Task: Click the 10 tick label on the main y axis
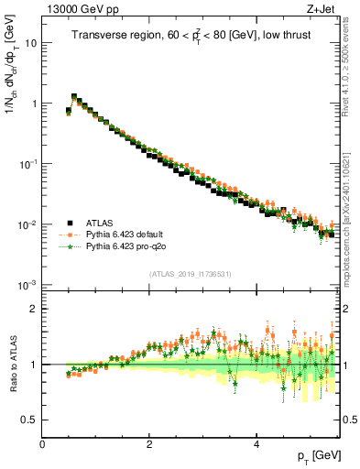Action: tap(30, 43)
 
